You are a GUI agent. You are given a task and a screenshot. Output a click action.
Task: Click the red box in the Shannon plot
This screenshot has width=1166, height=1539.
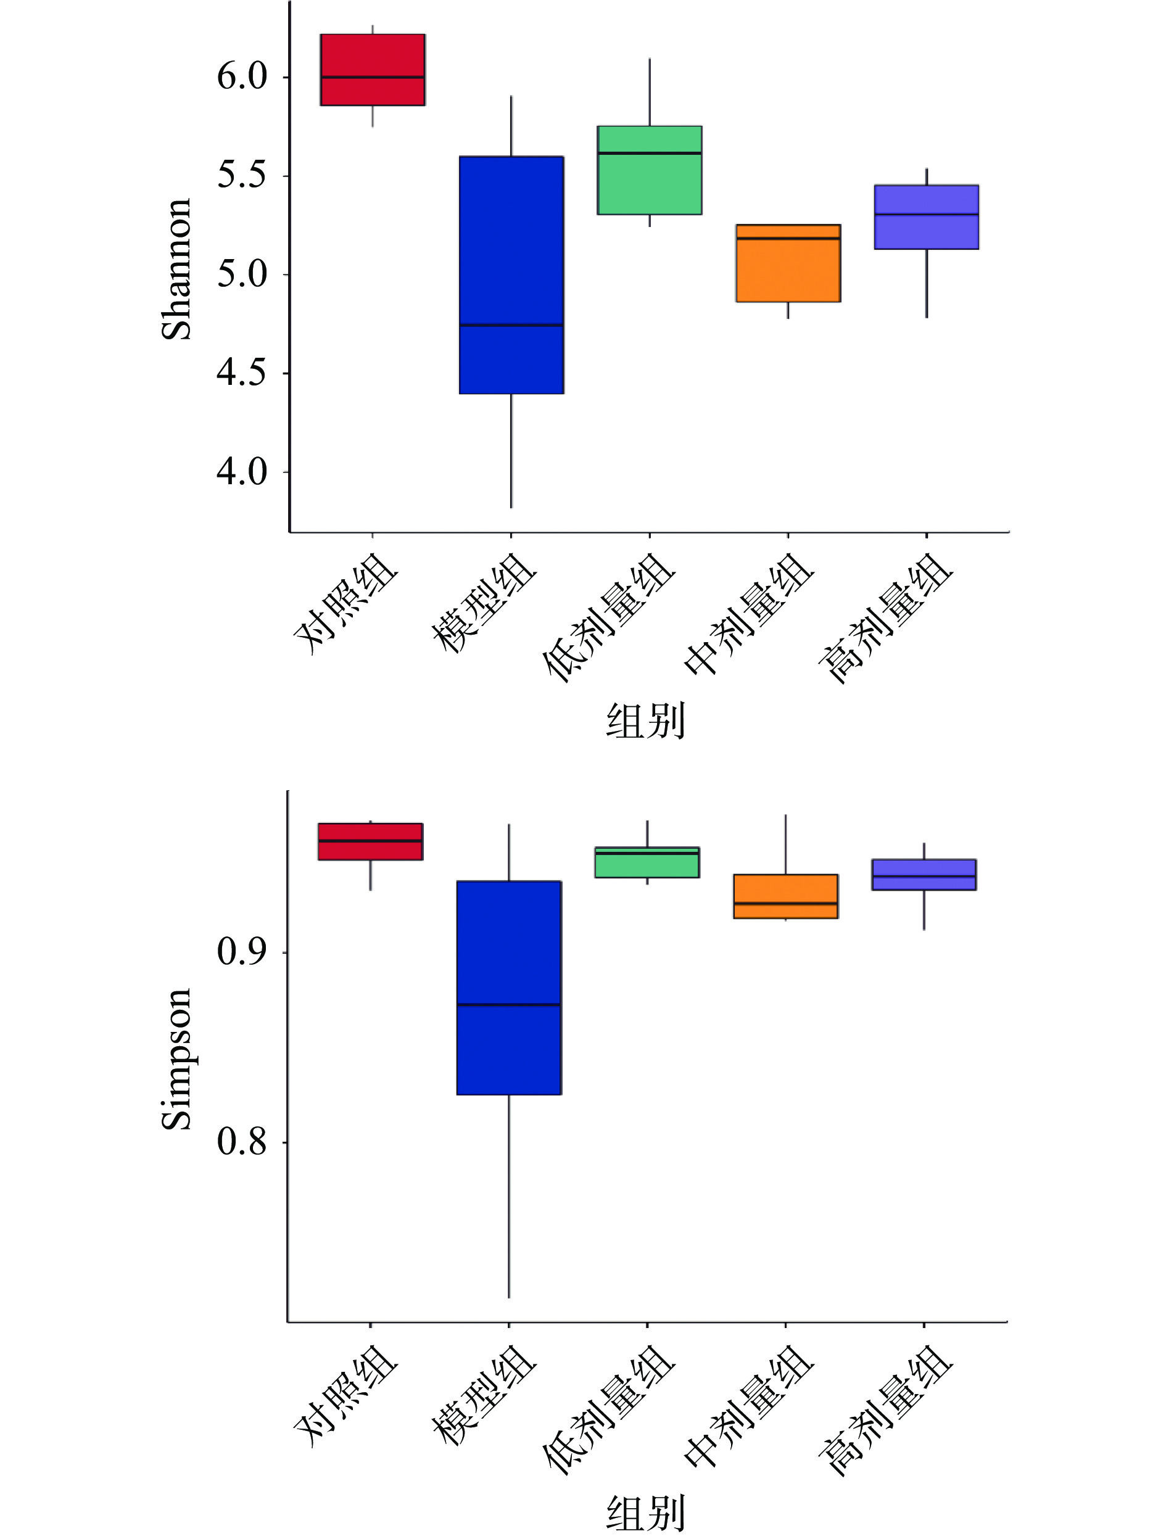[x=372, y=70]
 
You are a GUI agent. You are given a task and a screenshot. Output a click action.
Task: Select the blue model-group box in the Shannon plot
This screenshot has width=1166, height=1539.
[x=511, y=275]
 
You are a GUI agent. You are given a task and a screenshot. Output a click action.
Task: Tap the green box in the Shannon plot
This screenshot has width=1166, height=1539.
[x=649, y=170]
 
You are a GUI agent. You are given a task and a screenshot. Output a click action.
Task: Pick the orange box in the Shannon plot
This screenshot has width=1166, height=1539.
[x=788, y=263]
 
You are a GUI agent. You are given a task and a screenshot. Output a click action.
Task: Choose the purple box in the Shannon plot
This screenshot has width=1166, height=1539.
[x=926, y=217]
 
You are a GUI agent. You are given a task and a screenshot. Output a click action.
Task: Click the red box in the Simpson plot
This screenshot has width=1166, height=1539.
[x=370, y=841]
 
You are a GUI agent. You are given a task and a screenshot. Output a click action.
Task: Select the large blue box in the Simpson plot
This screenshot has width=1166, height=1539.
[x=509, y=988]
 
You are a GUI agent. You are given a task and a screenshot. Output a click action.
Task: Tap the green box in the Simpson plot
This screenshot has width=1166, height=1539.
[x=647, y=862]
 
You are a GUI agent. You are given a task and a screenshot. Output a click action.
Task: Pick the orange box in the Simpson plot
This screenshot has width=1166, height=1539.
[x=785, y=896]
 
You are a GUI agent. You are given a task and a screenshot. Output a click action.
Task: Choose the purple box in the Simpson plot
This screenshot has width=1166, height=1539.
[x=924, y=875]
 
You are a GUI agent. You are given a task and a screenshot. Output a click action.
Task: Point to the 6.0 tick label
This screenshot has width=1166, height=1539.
[x=241, y=76]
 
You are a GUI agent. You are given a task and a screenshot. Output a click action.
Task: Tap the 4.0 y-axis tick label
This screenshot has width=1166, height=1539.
[x=241, y=472]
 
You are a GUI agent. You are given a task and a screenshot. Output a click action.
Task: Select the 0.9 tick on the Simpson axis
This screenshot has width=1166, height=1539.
[x=241, y=951]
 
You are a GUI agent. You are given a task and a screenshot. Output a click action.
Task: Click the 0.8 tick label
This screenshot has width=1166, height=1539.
[x=241, y=1141]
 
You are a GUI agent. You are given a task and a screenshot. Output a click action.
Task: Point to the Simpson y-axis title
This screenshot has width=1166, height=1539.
[x=176, y=1059]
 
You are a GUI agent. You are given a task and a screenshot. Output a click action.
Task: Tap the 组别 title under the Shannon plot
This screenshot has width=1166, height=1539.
[x=645, y=721]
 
